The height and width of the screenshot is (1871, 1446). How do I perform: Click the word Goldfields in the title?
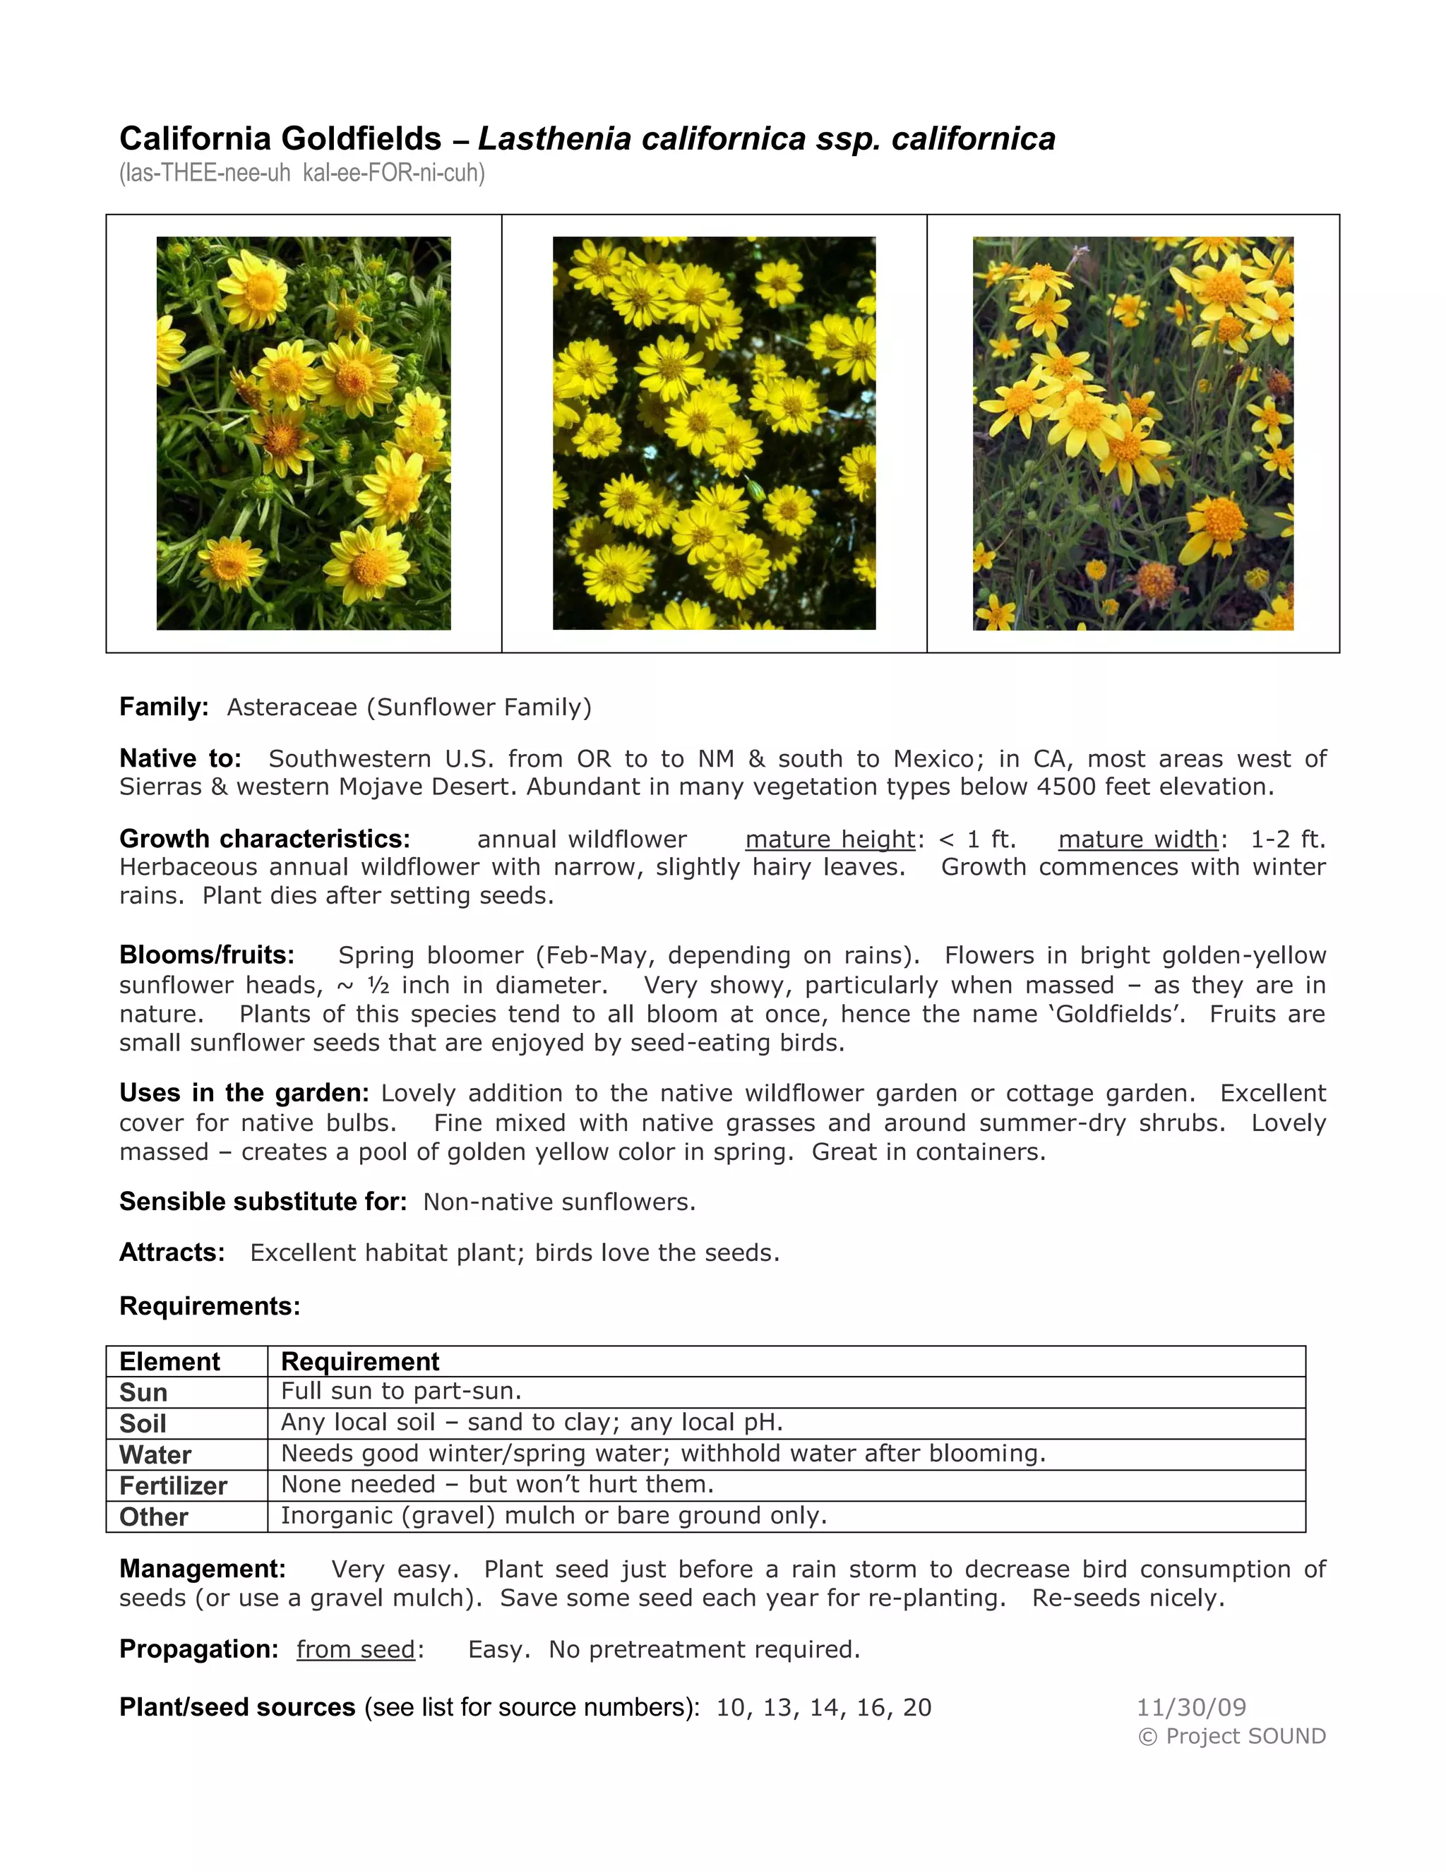coord(361,139)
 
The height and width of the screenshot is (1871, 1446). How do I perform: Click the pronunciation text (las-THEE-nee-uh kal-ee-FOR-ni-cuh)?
coord(302,174)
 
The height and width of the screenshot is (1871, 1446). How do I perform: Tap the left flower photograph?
coord(303,434)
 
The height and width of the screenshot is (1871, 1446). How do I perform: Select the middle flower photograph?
coord(714,434)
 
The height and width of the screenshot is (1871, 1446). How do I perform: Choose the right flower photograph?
coord(1133,434)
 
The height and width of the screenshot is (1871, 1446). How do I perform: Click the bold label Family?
coord(164,707)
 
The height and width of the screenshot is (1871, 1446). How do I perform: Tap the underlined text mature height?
coord(830,839)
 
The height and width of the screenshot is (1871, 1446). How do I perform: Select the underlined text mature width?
coord(1137,839)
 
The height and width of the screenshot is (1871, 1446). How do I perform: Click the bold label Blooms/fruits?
coord(206,955)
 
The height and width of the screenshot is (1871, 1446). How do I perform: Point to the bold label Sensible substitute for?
coord(263,1202)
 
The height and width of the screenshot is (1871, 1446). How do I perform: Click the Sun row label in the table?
coord(143,1392)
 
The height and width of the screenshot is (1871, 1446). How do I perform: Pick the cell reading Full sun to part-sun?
coord(401,1392)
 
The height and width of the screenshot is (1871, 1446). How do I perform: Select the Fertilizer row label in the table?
coord(173,1486)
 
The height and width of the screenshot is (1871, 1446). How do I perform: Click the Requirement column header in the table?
coord(360,1361)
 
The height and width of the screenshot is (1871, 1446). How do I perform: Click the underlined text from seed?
coord(356,1650)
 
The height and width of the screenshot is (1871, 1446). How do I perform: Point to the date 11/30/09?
coord(1190,1707)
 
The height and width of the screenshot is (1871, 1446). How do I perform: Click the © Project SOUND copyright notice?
coord(1231,1737)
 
